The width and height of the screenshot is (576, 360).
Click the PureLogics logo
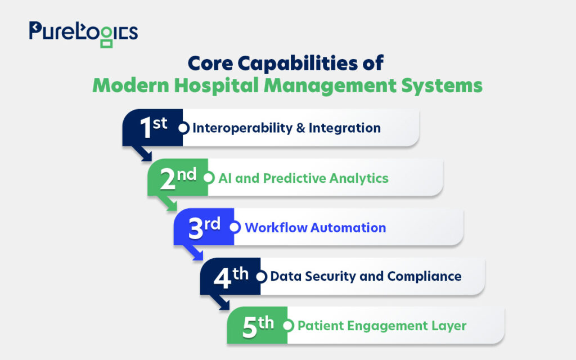[83, 34]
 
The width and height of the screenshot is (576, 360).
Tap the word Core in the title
[210, 63]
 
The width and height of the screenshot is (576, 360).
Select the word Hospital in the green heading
[217, 85]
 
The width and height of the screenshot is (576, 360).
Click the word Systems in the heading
[442, 86]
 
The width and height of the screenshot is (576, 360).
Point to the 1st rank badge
[152, 128]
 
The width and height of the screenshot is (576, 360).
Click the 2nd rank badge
[178, 177]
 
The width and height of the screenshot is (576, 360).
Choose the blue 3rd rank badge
[204, 227]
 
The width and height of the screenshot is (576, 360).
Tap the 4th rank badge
[230, 276]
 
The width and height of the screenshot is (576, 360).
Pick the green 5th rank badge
[257, 326]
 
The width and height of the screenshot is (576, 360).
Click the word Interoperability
[242, 128]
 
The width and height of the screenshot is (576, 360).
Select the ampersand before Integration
[300, 128]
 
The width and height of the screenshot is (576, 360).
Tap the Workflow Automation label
[315, 228]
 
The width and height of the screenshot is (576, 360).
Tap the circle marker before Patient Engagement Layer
[289, 326]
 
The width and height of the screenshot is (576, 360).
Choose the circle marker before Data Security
[261, 277]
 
